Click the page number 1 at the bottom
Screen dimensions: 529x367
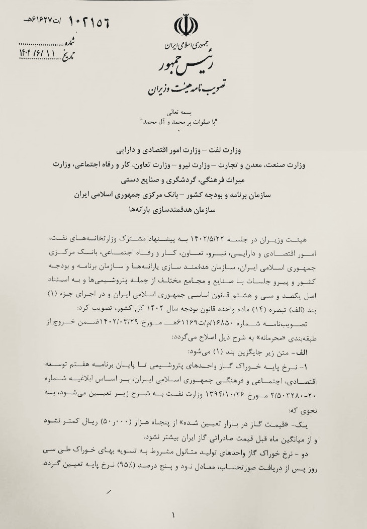(x=174, y=515)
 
